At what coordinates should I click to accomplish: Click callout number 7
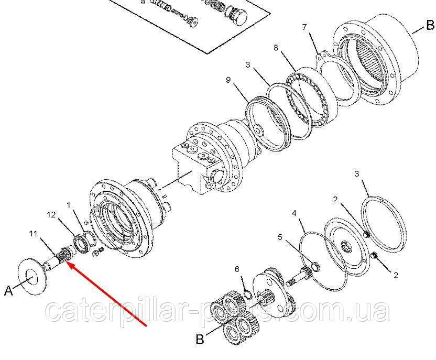coord(304,27)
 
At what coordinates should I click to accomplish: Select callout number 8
coord(276,48)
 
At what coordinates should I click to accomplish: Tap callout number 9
coord(228,80)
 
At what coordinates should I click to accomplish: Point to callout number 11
coord(33,234)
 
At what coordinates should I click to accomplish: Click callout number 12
coord(51,215)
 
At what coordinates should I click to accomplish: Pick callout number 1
coord(69,205)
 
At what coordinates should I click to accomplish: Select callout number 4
coord(294,213)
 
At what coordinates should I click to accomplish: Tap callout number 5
coord(280,237)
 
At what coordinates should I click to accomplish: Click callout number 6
coord(237,269)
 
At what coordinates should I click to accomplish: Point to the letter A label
coord(8,291)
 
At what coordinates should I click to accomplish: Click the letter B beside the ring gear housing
coord(430,26)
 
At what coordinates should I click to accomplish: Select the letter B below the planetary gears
coord(200,339)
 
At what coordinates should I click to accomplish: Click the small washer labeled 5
coord(315,267)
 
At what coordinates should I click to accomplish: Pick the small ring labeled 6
coord(248,294)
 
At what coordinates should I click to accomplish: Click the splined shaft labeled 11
coord(59,257)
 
